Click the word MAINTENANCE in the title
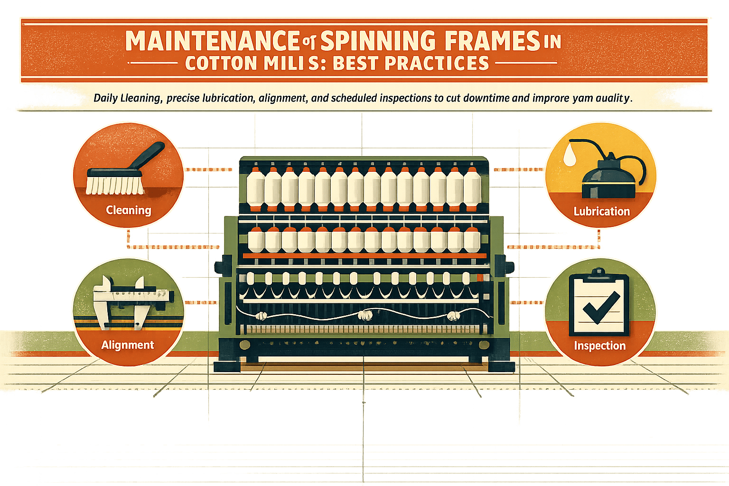click(212, 42)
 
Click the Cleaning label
click(128, 210)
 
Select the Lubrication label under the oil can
click(601, 211)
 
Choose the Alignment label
click(127, 345)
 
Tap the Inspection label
click(599, 346)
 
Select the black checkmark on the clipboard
click(601, 306)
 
